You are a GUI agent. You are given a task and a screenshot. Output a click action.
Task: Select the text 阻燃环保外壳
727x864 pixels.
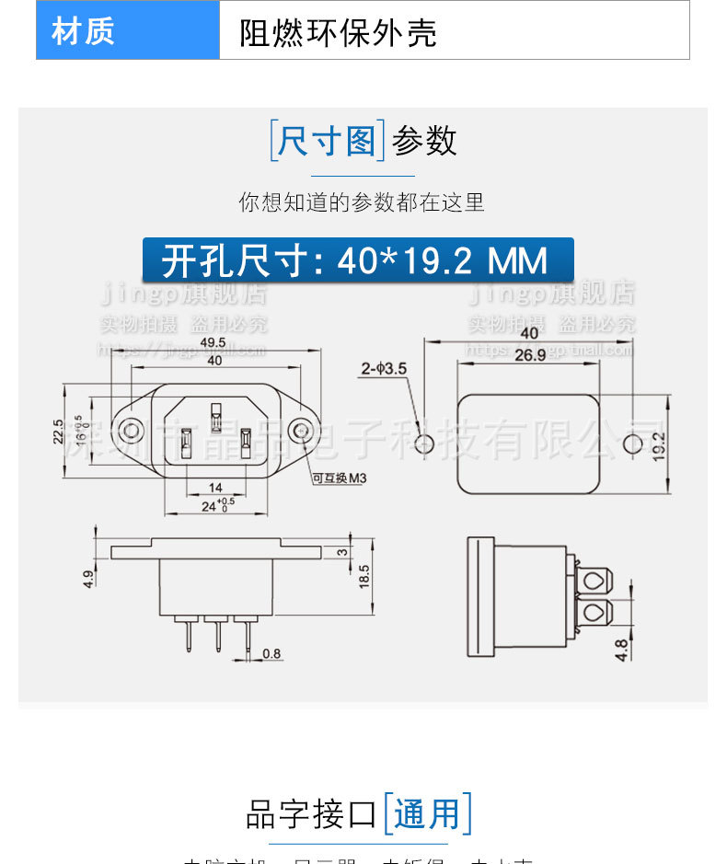click(x=337, y=32)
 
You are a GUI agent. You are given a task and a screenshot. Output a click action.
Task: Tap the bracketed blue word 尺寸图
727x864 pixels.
click(x=327, y=142)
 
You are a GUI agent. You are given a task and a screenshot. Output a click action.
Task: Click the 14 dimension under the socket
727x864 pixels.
click(x=215, y=487)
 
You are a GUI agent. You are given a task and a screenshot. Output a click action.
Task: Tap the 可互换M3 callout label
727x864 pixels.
click(x=339, y=479)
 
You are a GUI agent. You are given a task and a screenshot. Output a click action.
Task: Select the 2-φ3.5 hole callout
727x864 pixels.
click(x=384, y=369)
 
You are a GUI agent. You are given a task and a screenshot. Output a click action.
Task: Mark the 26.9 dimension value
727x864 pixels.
click(x=530, y=355)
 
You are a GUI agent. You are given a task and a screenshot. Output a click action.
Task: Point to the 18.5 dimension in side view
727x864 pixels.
click(x=364, y=576)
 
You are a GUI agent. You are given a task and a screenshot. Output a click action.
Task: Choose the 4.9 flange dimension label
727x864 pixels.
click(x=88, y=579)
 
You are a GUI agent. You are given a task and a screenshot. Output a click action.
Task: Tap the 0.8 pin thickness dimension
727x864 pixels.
click(x=272, y=654)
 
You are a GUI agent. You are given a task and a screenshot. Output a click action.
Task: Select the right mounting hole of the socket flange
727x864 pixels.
click(x=299, y=430)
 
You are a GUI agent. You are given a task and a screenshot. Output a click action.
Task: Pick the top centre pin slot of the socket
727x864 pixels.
click(x=216, y=417)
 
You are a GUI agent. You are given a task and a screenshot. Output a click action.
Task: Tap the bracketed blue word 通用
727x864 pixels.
click(x=427, y=814)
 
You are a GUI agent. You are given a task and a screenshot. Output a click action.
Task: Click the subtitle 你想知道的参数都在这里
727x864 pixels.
click(x=362, y=202)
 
